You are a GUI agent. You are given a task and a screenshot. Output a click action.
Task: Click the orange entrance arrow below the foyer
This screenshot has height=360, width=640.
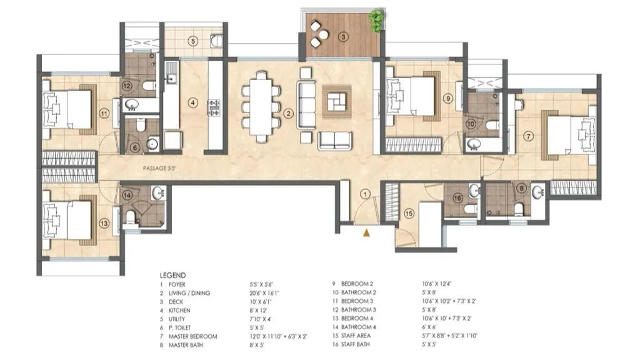coord(367,233)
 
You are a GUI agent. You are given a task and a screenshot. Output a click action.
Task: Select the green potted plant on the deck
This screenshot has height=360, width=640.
coord(376,21)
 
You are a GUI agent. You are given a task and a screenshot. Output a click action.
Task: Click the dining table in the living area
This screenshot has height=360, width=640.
coord(261,106)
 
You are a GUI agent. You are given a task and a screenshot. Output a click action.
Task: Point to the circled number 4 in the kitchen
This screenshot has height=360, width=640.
coord(194,103)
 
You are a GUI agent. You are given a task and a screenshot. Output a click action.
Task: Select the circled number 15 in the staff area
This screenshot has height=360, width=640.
coord(409,213)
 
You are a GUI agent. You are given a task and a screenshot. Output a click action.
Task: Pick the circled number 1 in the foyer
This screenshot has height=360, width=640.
coord(366,193)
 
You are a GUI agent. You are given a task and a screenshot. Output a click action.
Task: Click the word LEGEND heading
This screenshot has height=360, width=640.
coord(173,275)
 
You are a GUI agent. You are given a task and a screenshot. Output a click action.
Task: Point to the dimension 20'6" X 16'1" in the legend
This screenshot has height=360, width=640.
coord(271,292)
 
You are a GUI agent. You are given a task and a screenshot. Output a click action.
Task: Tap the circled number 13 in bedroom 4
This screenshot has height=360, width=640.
coord(103,222)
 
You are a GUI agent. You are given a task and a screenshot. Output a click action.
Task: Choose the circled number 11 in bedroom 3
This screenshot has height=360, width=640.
coord(104,113)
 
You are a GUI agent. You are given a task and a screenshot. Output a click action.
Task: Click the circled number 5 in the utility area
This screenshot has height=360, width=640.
coord(194,42)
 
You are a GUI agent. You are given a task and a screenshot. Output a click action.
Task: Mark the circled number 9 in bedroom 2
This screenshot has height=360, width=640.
coord(448,98)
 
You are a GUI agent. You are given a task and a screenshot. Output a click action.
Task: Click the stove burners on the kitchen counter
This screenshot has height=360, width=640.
coord(214,107)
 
